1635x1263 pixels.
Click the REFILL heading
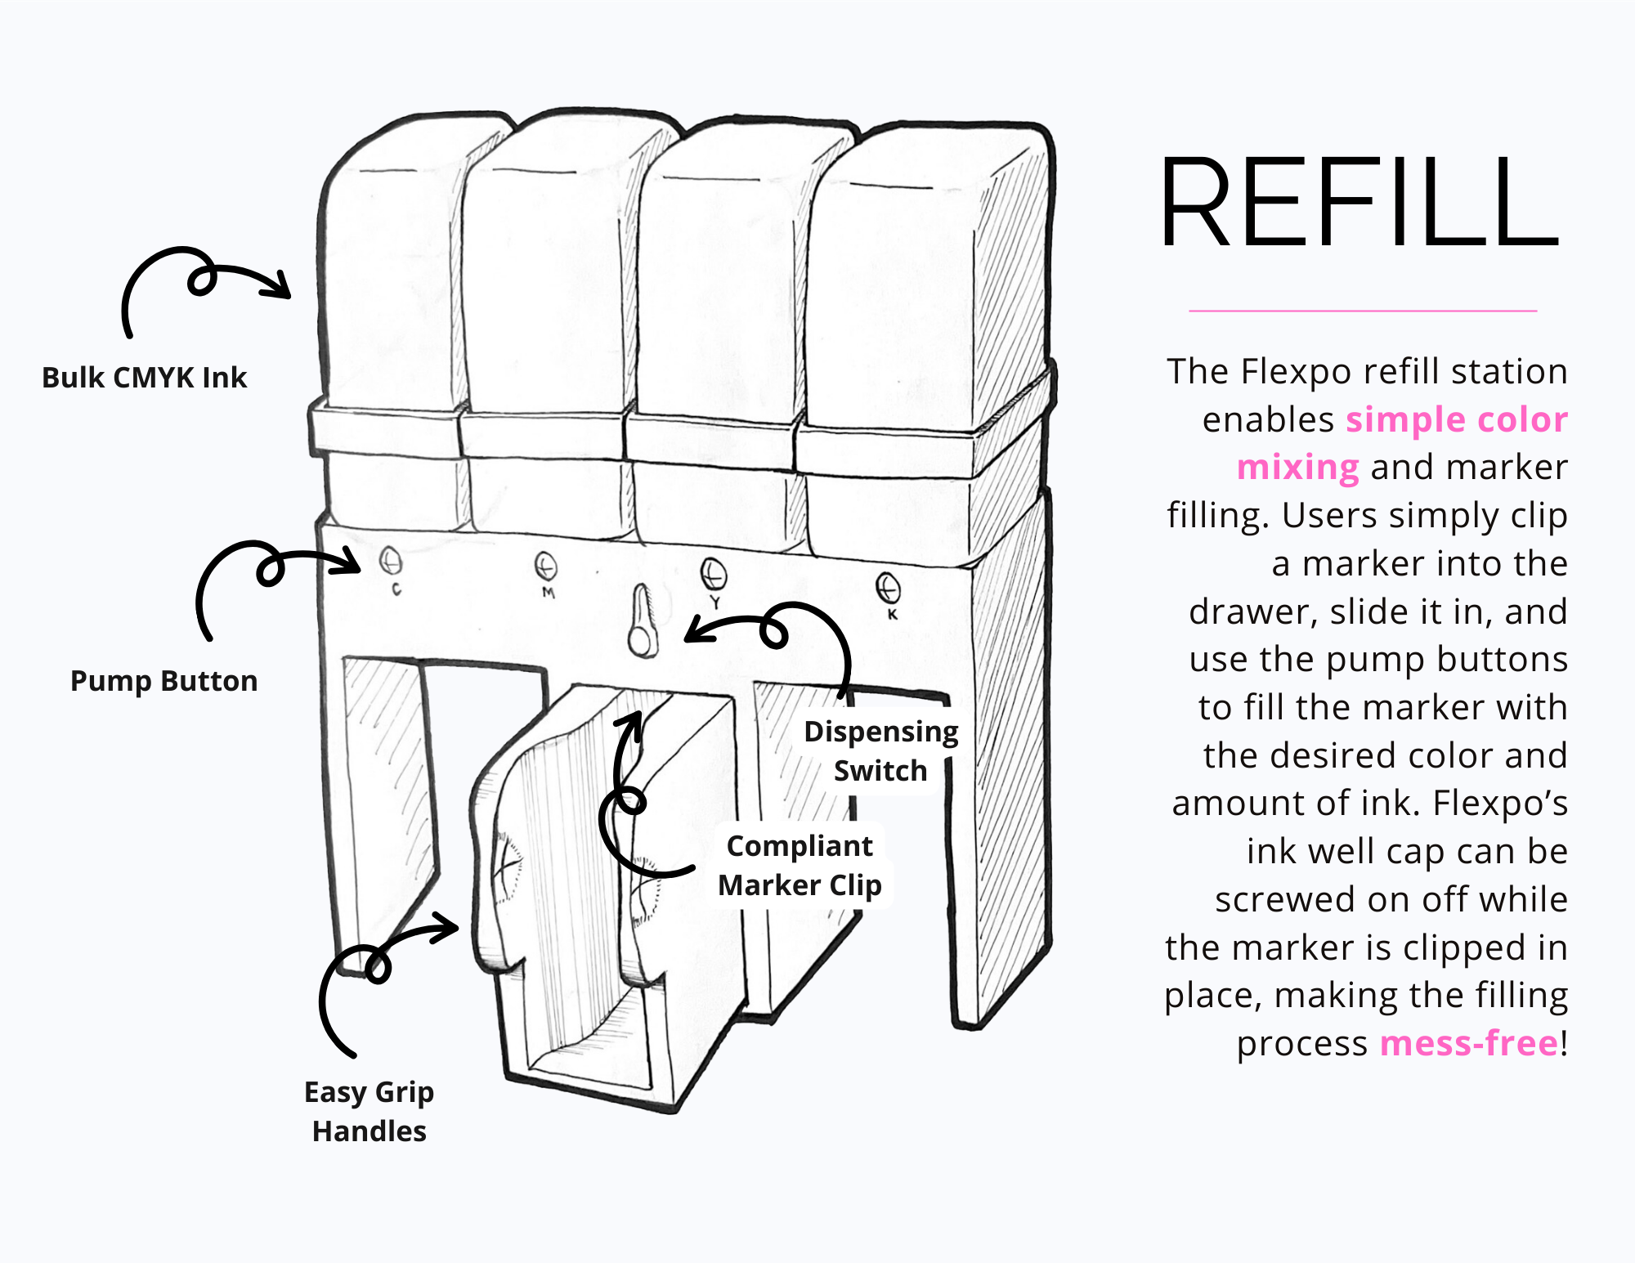click(x=1360, y=203)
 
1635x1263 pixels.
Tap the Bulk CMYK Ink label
click(x=144, y=378)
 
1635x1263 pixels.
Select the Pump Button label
click(x=163, y=681)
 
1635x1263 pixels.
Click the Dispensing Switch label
click(x=880, y=750)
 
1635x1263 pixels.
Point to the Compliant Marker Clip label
click(x=800, y=865)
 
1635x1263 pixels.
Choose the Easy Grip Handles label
click(x=369, y=1111)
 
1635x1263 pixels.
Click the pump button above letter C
click(x=391, y=562)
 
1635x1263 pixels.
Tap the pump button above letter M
click(x=545, y=566)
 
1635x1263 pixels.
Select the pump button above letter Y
click(x=714, y=574)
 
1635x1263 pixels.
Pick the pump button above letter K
click(x=888, y=587)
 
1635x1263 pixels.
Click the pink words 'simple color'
click(x=1456, y=419)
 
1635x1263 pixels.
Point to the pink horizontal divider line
click(x=1363, y=311)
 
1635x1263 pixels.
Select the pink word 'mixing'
click(x=1297, y=468)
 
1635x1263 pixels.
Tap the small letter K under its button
click(x=893, y=614)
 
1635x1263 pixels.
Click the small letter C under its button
click(x=396, y=589)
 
